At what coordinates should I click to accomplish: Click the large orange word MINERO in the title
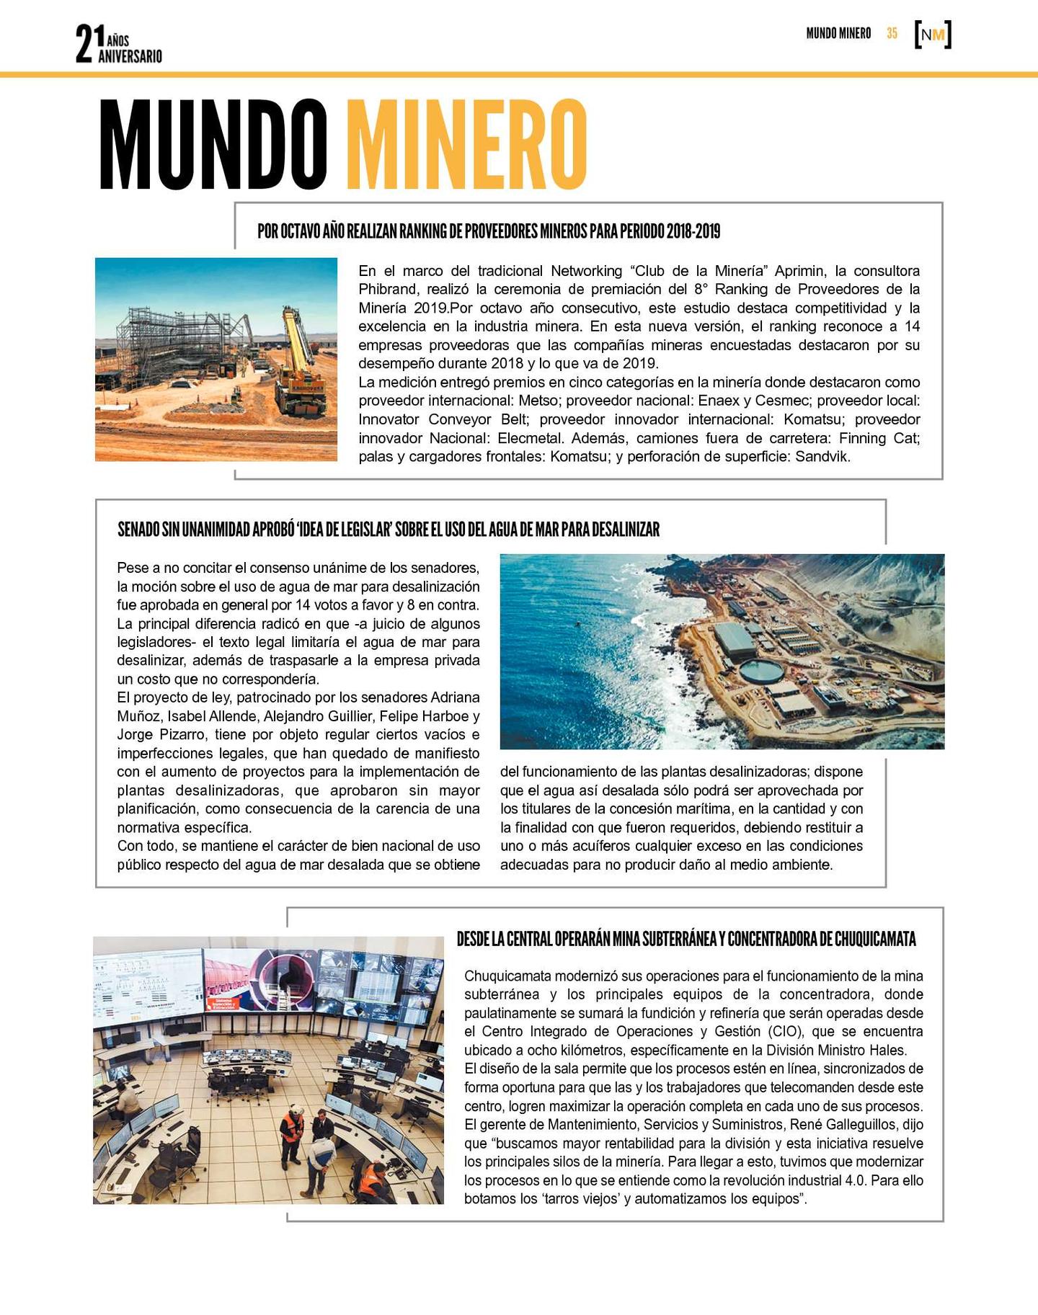pos(466,144)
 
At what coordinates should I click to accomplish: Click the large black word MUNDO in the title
pos(213,144)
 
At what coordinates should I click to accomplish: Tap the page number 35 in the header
pos(892,33)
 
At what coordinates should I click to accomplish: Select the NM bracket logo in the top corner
pos(933,35)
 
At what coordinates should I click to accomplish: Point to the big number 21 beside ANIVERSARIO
pos(85,43)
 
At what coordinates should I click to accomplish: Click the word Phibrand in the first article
pos(389,290)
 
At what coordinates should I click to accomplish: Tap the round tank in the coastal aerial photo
pos(762,672)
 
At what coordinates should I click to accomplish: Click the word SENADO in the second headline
pos(138,530)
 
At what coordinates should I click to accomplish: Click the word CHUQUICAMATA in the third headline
pos(875,940)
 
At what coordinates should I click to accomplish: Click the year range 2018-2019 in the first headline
pos(693,231)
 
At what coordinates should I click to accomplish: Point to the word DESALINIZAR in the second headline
pos(626,530)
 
